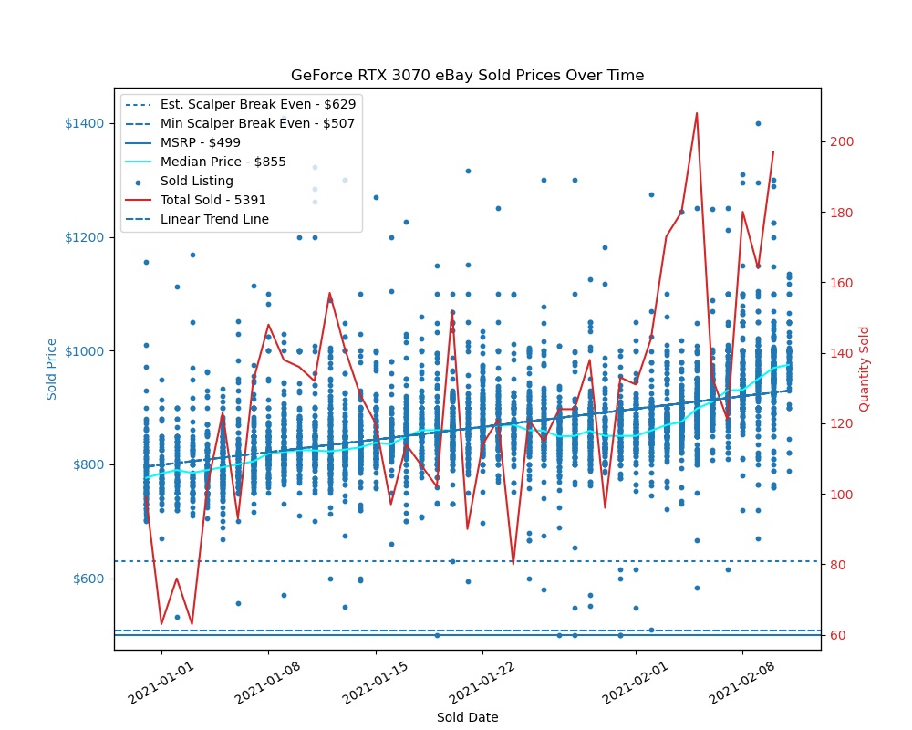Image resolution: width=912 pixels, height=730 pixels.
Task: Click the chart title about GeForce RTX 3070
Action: [x=467, y=75]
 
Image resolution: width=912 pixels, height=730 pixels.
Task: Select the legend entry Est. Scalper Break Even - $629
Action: [x=257, y=104]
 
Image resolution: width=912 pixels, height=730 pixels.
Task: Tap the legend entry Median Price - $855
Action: [x=223, y=162]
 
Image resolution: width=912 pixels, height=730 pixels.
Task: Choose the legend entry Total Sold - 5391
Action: [x=214, y=200]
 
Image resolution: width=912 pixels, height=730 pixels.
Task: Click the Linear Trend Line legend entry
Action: [x=214, y=219]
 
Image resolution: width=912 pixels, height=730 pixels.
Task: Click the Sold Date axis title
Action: [x=467, y=717]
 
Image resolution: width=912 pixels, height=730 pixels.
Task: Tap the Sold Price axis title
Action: [x=53, y=369]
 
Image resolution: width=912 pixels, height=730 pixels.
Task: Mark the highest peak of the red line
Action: [x=697, y=113]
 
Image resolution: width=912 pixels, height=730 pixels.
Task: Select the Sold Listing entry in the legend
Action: [x=196, y=181]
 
